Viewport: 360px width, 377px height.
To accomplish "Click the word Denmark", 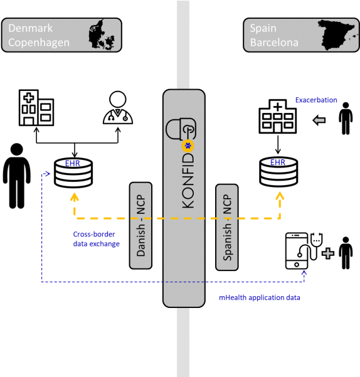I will (30, 28).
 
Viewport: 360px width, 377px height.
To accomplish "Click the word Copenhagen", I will (39, 43).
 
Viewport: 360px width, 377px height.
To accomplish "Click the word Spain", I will (263, 28).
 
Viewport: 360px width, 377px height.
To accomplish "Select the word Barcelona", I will (274, 43).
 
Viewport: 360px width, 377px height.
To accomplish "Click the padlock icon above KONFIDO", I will (179, 129).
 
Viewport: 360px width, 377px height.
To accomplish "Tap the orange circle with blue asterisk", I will (188, 146).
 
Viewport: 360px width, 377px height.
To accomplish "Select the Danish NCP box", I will (141, 226).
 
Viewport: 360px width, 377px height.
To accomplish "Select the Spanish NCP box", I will (227, 227).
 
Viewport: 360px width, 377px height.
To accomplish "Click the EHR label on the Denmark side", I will (72, 164).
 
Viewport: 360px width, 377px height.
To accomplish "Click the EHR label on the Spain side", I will (278, 162).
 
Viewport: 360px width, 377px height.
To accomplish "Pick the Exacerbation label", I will (316, 100).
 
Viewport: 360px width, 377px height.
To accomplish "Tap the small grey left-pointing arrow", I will (319, 120).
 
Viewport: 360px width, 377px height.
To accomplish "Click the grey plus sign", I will (327, 253).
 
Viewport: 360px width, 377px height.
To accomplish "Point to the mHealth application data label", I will (260, 298).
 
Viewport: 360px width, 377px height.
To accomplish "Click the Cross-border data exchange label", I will (96, 239).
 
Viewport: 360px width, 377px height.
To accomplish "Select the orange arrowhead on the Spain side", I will (280, 196).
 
